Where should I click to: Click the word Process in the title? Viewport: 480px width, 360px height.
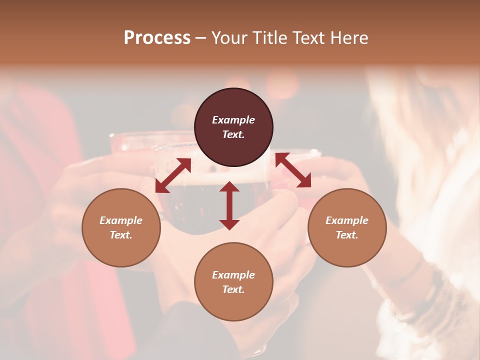[157, 38]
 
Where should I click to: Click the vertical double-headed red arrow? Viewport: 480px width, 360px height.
[229, 205]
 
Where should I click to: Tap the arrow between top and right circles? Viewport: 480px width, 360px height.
[293, 170]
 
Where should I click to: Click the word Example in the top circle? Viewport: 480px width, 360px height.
[233, 120]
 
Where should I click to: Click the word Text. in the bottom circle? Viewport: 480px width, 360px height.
[233, 289]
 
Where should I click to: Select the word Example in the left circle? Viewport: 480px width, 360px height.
[121, 220]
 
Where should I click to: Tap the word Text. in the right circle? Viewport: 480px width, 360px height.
[347, 235]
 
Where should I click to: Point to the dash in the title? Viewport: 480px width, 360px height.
[201, 38]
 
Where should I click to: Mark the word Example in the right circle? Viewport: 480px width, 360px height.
[347, 220]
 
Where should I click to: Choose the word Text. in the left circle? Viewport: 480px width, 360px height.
[121, 235]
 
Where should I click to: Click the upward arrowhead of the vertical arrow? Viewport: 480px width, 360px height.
[229, 186]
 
